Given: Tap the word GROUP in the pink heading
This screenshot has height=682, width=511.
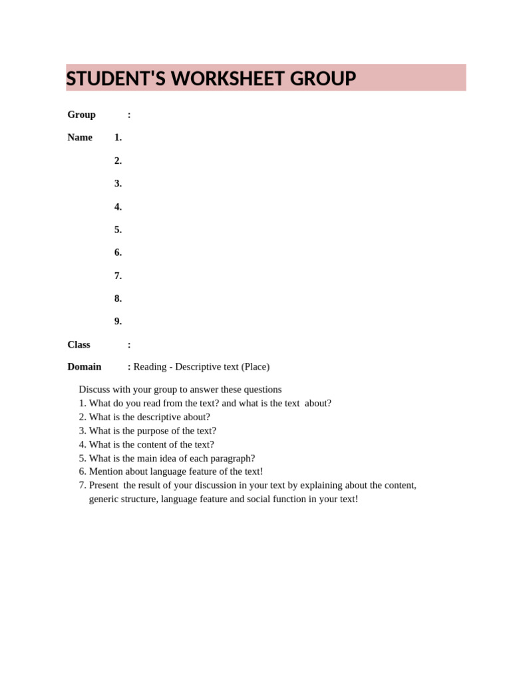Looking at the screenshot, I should pos(325,79).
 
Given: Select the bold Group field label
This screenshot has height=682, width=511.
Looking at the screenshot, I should pos(81,115).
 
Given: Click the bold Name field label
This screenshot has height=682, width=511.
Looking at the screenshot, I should pos(80,137).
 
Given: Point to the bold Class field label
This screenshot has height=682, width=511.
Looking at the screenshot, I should pos(79,344).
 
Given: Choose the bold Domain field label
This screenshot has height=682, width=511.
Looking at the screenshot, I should pos(85,366).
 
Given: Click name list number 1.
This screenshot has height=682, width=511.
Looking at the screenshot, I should pos(118,137).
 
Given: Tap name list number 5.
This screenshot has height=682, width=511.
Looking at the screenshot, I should pos(118,229).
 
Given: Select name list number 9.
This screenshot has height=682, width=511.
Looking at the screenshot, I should pos(118,321).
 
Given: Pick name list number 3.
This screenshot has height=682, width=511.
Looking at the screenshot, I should pos(118,183).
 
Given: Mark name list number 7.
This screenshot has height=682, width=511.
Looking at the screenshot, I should pos(118,275).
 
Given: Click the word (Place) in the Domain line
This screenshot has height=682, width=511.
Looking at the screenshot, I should pos(255,366).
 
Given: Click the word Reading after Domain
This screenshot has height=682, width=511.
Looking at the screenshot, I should pos(150,366).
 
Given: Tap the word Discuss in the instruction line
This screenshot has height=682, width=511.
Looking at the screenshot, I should pos(95,389).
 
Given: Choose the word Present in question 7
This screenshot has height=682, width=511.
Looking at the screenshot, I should pos(104,485).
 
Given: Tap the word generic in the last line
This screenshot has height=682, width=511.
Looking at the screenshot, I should pos(105,499).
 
